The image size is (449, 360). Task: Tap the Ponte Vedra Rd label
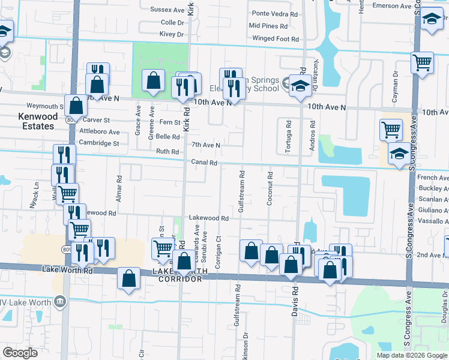tap(274, 13)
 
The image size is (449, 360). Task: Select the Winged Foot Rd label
tap(276, 39)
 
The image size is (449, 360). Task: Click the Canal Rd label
tap(203, 163)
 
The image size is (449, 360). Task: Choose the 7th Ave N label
tap(206, 145)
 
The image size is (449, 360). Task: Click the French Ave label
tap(433, 178)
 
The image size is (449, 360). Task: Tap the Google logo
tap(21, 352)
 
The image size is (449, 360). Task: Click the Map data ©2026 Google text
tap(411, 355)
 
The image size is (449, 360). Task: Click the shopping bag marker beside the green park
tap(154, 80)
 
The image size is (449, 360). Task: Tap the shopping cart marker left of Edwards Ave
tap(163, 248)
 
